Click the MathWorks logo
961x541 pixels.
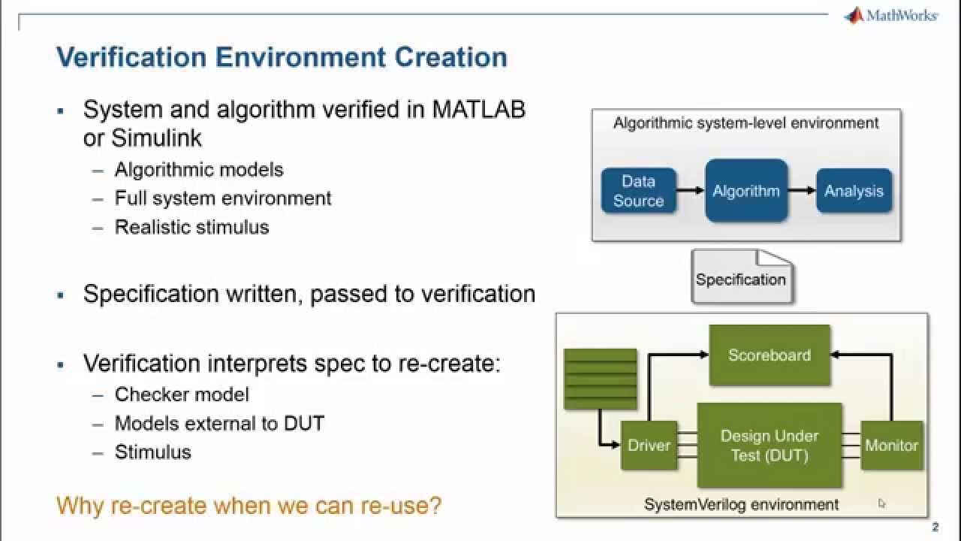890,15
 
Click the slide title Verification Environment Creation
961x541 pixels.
282,57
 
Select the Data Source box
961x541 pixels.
638,191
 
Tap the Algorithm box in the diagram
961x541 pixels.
746,191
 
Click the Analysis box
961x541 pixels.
854,191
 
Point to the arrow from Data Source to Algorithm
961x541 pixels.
690,191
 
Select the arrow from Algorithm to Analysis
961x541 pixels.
801,191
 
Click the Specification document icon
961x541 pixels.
741,278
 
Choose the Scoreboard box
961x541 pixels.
769,355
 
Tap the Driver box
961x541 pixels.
649,446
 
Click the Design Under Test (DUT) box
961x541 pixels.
769,446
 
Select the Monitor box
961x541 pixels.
891,446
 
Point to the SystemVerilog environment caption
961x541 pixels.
741,504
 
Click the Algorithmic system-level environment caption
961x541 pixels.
746,123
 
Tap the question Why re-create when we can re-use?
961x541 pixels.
249,506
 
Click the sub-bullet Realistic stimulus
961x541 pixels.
191,227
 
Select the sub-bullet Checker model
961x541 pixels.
181,394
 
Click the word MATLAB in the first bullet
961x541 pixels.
478,110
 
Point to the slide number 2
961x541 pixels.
935,527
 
